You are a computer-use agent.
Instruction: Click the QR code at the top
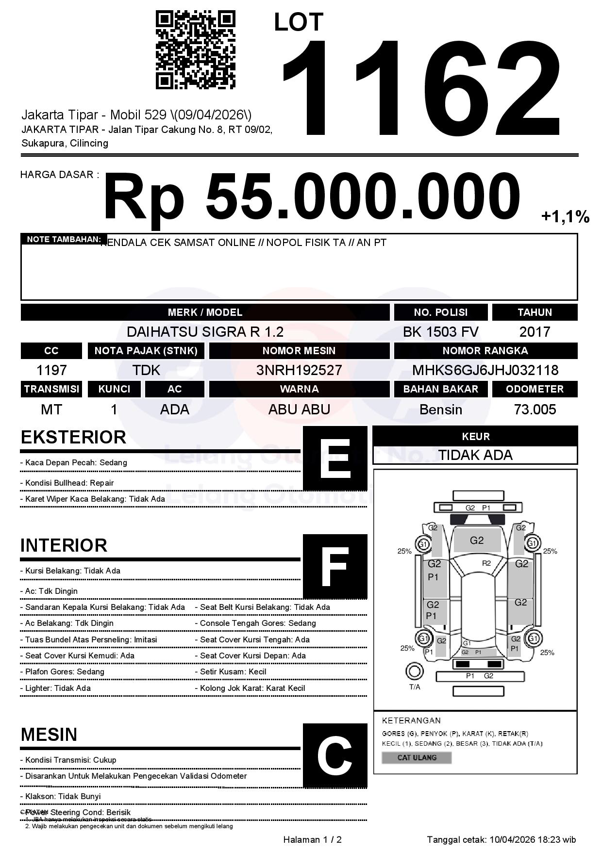(195, 50)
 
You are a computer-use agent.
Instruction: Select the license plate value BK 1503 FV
(440, 332)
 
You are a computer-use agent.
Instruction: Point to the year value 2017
(535, 332)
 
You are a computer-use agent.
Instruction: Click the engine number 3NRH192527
(299, 370)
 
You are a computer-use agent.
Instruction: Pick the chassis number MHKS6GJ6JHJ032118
(485, 370)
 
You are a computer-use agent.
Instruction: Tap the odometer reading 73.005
(535, 409)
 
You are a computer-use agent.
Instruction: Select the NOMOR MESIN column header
(299, 351)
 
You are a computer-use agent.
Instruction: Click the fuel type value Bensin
(440, 409)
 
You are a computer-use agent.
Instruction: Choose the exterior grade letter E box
(335, 458)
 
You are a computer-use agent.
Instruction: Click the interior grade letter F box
(335, 567)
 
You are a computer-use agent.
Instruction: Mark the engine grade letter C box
(335, 755)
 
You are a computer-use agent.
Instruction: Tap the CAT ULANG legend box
(417, 757)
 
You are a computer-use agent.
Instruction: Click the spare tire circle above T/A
(415, 671)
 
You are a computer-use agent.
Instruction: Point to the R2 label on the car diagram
(486, 563)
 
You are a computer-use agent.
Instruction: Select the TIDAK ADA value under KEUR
(475, 455)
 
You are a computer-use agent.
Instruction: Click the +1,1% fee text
(565, 216)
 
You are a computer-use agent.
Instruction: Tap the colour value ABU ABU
(299, 409)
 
